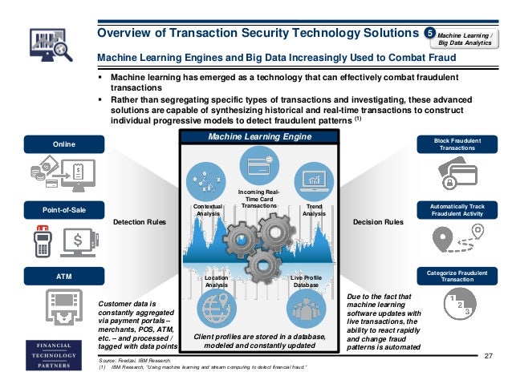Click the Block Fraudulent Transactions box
pyautogui.click(x=457, y=144)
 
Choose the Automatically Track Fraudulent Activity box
pyautogui.click(x=457, y=210)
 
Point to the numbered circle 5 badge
pyautogui.click(x=430, y=33)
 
